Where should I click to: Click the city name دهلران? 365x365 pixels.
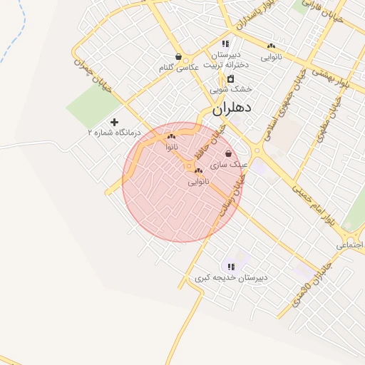click(x=233, y=110)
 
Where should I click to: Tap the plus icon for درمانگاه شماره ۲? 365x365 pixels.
click(x=114, y=122)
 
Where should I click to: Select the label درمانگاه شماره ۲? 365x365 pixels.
click(x=114, y=133)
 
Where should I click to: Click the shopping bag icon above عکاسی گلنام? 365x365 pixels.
click(x=178, y=57)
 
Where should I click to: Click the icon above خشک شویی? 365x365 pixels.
click(x=231, y=78)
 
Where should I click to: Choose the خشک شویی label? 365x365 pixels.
click(x=232, y=90)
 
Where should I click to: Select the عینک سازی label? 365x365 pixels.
click(x=234, y=164)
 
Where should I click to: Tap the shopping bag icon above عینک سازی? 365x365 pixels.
click(x=228, y=153)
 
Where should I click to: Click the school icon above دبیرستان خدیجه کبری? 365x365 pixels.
click(x=231, y=267)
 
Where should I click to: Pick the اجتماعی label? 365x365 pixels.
click(x=350, y=245)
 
